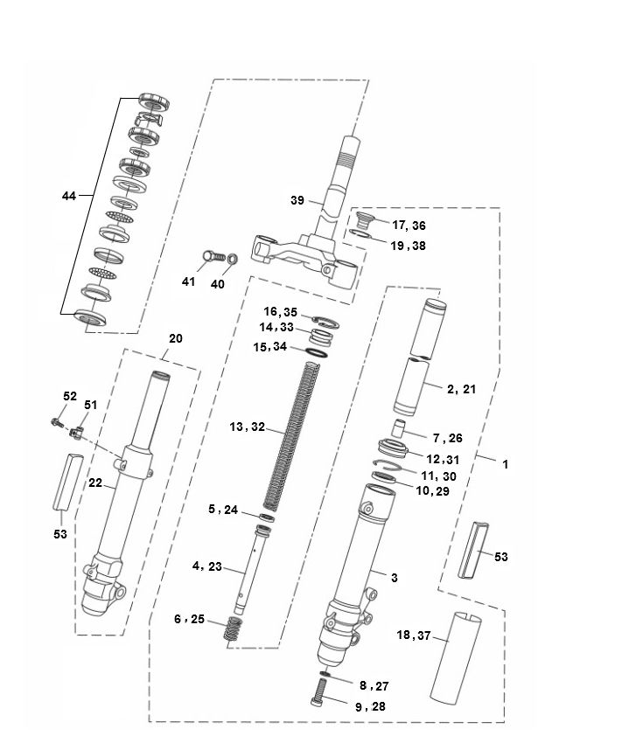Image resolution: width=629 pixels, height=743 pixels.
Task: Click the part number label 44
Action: click(x=68, y=196)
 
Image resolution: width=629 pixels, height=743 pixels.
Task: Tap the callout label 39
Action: click(x=297, y=200)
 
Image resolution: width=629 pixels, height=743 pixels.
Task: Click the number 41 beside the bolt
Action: click(x=189, y=281)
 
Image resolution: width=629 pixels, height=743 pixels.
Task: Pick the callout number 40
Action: click(x=217, y=283)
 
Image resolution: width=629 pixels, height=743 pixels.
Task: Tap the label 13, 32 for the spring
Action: click(x=247, y=427)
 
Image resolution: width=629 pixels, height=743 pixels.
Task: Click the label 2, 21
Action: click(x=462, y=389)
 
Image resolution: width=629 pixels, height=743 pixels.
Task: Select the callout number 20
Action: click(x=175, y=338)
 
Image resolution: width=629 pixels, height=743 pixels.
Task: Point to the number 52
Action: click(x=70, y=396)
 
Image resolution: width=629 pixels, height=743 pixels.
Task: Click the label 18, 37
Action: click(x=415, y=635)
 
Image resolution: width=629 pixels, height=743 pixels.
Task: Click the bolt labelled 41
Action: click(x=212, y=257)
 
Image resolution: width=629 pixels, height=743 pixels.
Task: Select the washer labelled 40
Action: click(x=233, y=260)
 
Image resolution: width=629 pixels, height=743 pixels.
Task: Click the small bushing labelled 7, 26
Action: click(x=399, y=427)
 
